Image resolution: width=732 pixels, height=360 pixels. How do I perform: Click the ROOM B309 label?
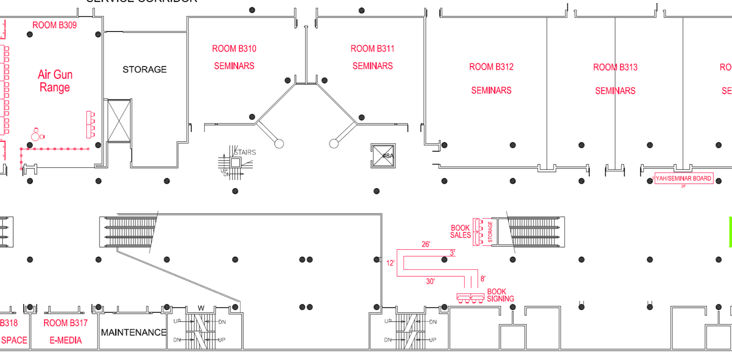(x=54, y=25)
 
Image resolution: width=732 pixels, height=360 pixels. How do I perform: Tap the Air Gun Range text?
(x=55, y=81)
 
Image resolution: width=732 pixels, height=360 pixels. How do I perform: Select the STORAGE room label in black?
(x=144, y=69)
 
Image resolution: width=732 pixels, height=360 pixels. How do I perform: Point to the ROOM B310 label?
(x=234, y=49)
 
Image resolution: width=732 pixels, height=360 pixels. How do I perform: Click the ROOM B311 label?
(x=372, y=49)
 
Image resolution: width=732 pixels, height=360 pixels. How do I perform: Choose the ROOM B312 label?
(x=491, y=67)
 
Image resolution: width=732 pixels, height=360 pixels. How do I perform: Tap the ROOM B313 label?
(x=615, y=67)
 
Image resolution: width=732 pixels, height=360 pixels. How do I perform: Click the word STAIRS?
(x=245, y=152)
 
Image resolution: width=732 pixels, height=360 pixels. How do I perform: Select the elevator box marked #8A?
(x=383, y=156)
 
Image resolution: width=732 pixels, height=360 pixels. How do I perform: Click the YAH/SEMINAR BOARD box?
(x=683, y=179)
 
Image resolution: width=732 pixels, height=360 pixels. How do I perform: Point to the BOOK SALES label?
(x=460, y=231)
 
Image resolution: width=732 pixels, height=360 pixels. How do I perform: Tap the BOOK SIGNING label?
(x=500, y=295)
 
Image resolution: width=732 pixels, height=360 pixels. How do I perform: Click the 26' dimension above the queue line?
(x=426, y=244)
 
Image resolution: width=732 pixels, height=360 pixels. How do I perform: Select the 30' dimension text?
(x=430, y=282)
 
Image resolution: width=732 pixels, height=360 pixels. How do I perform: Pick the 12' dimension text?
(x=390, y=263)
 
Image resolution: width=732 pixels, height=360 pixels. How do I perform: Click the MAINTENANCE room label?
(x=133, y=332)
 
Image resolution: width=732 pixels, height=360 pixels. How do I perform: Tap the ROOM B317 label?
(x=65, y=323)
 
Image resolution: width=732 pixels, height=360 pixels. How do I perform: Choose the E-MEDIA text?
(x=65, y=340)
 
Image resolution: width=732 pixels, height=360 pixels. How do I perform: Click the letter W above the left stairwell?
(x=201, y=308)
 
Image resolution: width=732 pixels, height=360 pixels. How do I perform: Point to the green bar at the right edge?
(x=730, y=231)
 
